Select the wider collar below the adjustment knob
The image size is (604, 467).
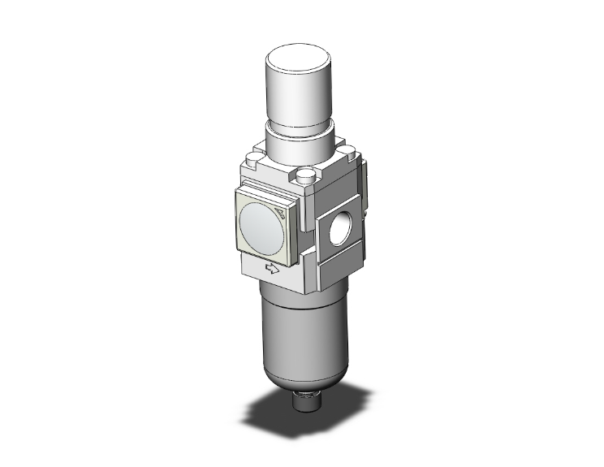(x=300, y=141)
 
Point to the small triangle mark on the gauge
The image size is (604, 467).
(x=281, y=214)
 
